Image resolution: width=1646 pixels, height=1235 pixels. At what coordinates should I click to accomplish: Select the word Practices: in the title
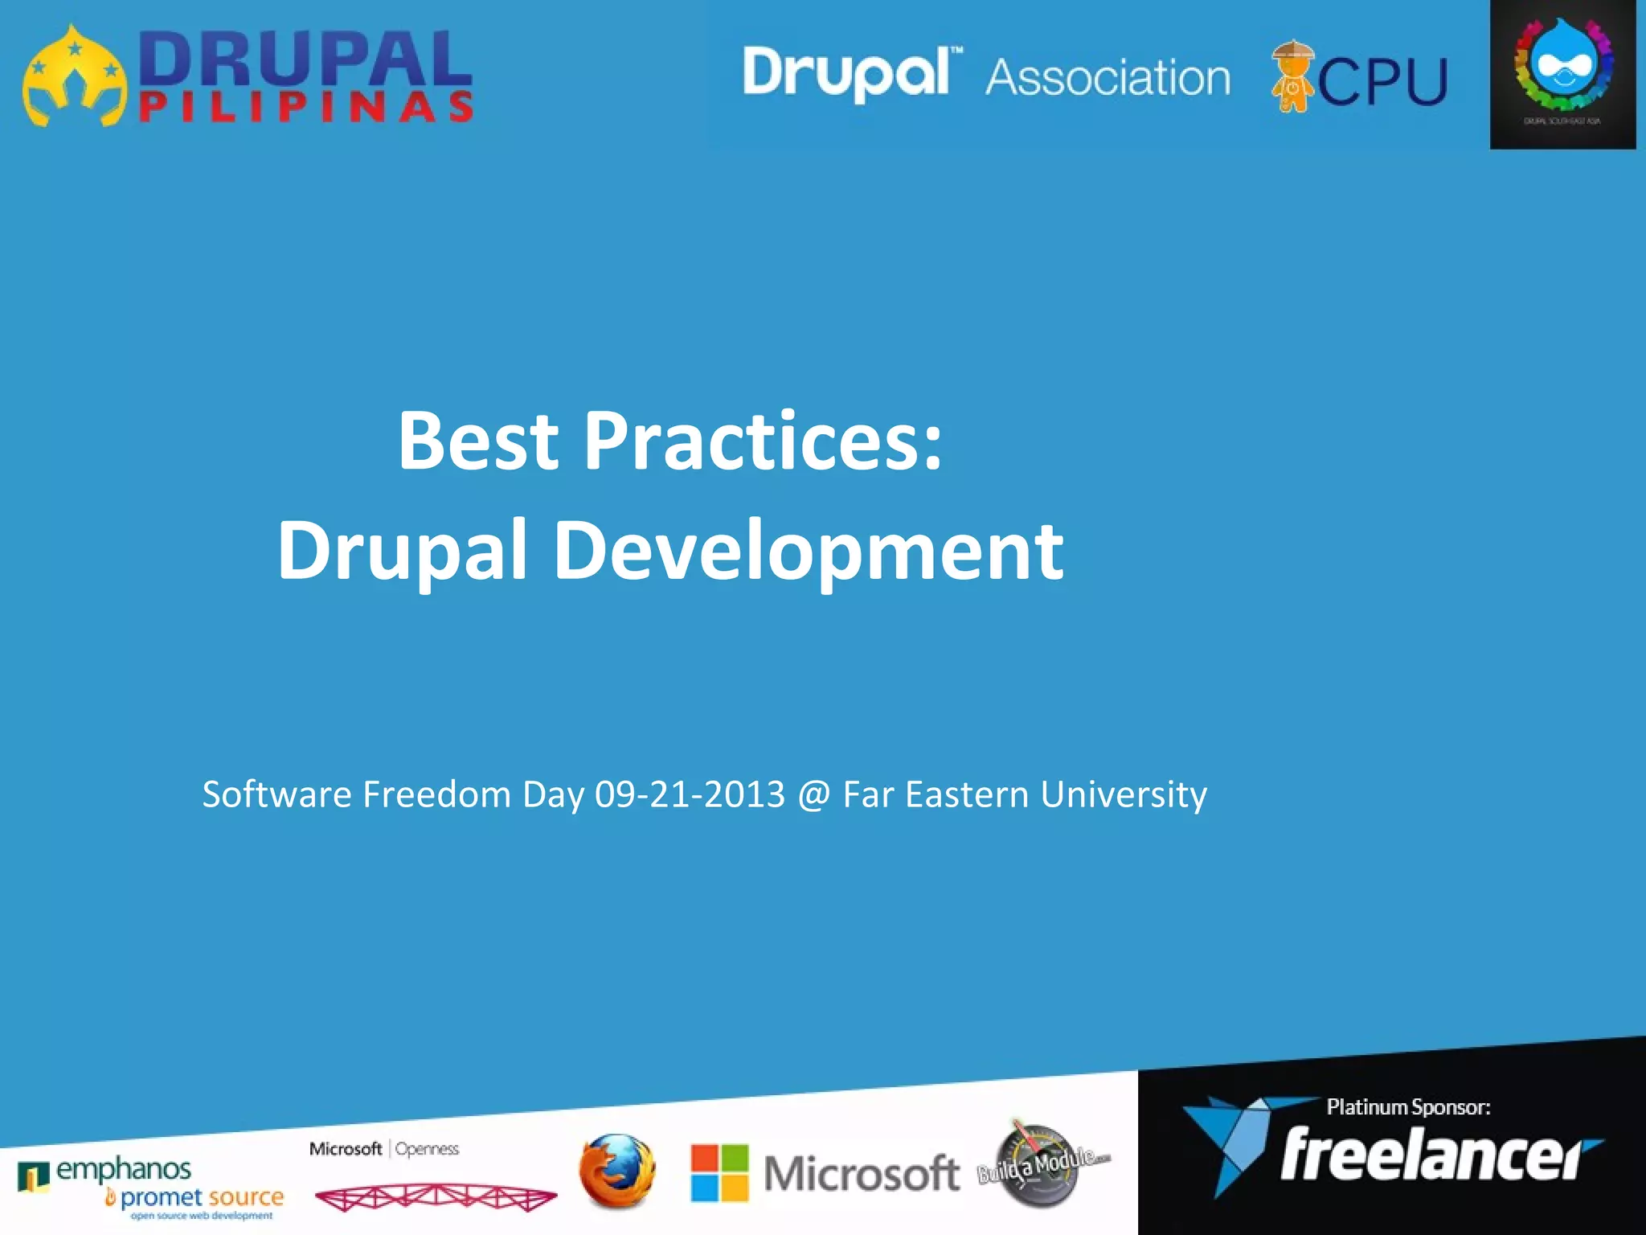point(763,442)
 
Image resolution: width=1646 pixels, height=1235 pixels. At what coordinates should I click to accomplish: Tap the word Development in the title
point(809,551)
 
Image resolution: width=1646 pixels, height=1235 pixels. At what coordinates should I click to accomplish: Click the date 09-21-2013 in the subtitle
point(690,794)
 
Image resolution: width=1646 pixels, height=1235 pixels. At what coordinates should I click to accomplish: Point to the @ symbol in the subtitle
point(813,794)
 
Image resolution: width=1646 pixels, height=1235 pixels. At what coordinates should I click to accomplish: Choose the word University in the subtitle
point(1123,794)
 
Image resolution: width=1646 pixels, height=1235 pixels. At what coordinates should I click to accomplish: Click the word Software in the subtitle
point(276,794)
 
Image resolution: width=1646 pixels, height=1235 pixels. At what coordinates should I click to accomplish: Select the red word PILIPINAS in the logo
point(305,108)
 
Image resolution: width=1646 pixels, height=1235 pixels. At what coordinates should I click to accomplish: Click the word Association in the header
point(1108,78)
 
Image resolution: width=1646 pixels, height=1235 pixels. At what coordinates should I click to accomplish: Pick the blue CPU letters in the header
point(1382,80)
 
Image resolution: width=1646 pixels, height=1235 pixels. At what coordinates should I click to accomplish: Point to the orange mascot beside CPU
point(1292,76)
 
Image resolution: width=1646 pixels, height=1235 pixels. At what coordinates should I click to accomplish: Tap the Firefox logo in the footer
point(616,1170)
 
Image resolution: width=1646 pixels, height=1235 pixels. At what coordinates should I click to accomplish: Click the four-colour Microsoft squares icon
point(719,1172)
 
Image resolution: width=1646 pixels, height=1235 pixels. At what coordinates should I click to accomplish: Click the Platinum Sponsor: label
point(1408,1107)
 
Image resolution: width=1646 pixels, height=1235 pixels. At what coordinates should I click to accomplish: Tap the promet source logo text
point(202,1197)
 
